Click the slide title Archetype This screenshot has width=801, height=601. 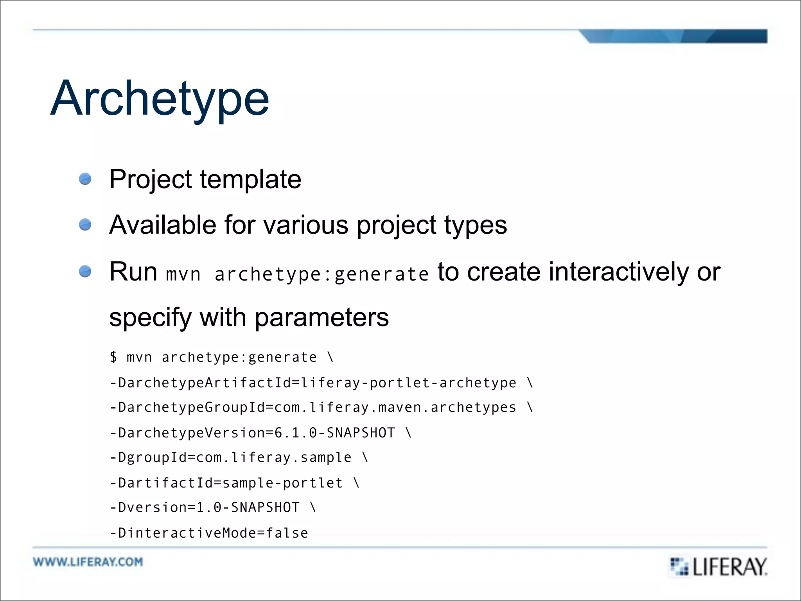160,99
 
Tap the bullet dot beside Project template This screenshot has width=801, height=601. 85,179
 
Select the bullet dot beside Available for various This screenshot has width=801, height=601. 85,225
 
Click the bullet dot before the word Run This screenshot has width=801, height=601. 85,271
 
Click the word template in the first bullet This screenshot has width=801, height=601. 250,179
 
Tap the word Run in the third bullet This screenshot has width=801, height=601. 133,272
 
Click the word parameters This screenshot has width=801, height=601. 321,317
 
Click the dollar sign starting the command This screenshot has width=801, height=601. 113,357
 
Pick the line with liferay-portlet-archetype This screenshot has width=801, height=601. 321,383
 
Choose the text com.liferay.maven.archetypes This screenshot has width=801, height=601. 395,408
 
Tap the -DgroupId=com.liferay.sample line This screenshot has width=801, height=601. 239,457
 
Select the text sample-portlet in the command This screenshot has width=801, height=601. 282,483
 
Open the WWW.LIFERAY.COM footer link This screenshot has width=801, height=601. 88,562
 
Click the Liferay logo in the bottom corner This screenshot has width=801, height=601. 719,567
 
